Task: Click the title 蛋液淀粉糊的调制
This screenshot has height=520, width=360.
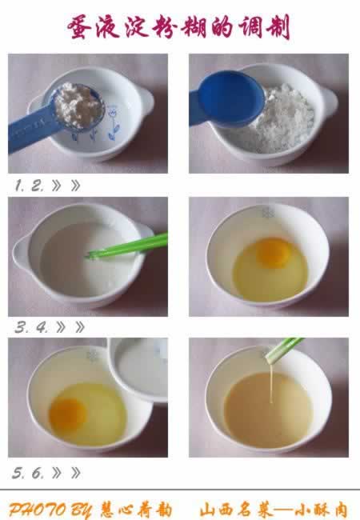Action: [x=178, y=27]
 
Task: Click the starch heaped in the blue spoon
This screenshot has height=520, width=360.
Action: [x=78, y=105]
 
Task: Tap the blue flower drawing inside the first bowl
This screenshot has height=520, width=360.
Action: [x=113, y=123]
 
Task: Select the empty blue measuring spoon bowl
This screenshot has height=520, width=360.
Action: [x=231, y=98]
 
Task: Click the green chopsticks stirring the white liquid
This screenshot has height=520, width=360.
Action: [x=128, y=246]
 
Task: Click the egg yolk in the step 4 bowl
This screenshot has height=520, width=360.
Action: [x=274, y=252]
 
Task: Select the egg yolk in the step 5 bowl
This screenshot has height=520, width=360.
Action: [x=68, y=414]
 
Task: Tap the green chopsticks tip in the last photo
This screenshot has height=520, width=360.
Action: [x=269, y=359]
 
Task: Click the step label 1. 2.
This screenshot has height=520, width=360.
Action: [x=29, y=186]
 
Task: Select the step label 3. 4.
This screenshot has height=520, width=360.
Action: [x=31, y=328]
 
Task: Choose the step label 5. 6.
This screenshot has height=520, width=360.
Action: [x=28, y=473]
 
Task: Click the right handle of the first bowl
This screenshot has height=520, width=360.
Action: [x=146, y=100]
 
